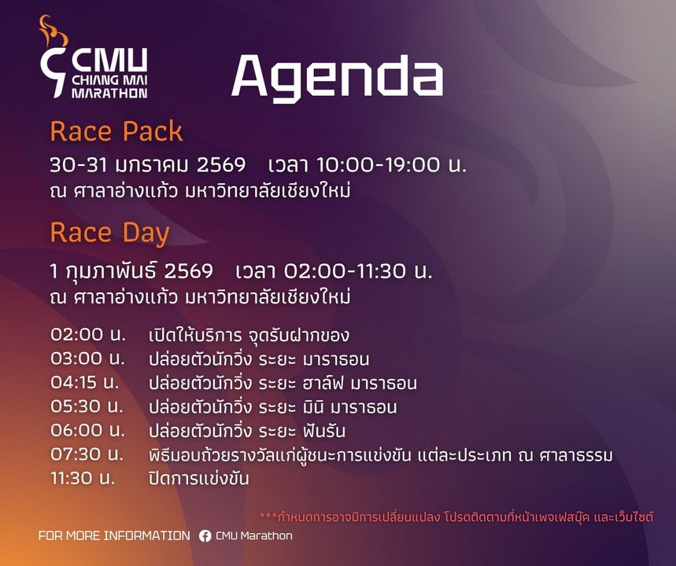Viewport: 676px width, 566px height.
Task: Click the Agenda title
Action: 337,78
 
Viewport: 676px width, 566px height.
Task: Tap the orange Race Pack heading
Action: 116,132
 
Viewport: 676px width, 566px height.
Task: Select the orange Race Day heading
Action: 109,233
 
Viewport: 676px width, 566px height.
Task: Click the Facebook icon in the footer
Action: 205,536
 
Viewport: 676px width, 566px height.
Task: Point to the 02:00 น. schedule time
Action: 88,335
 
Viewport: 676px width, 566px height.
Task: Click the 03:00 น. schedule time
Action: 87,358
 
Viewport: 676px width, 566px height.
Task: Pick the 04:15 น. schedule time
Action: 85,383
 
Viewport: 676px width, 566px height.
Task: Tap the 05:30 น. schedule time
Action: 87,406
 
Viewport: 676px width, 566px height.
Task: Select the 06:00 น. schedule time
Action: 87,430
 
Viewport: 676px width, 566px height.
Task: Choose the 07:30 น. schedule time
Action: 87,454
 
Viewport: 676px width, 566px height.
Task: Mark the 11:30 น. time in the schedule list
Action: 83,478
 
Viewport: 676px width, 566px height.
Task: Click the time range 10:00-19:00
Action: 379,164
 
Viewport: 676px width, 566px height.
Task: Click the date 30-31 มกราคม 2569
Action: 147,165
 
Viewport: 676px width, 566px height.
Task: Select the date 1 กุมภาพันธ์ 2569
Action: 131,271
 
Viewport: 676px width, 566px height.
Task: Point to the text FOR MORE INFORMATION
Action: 114,536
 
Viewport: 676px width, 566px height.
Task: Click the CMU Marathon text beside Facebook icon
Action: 254,536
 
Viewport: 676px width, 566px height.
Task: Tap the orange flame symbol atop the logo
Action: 54,31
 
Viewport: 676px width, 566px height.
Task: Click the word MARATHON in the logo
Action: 109,93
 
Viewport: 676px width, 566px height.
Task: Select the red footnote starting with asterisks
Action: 456,516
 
